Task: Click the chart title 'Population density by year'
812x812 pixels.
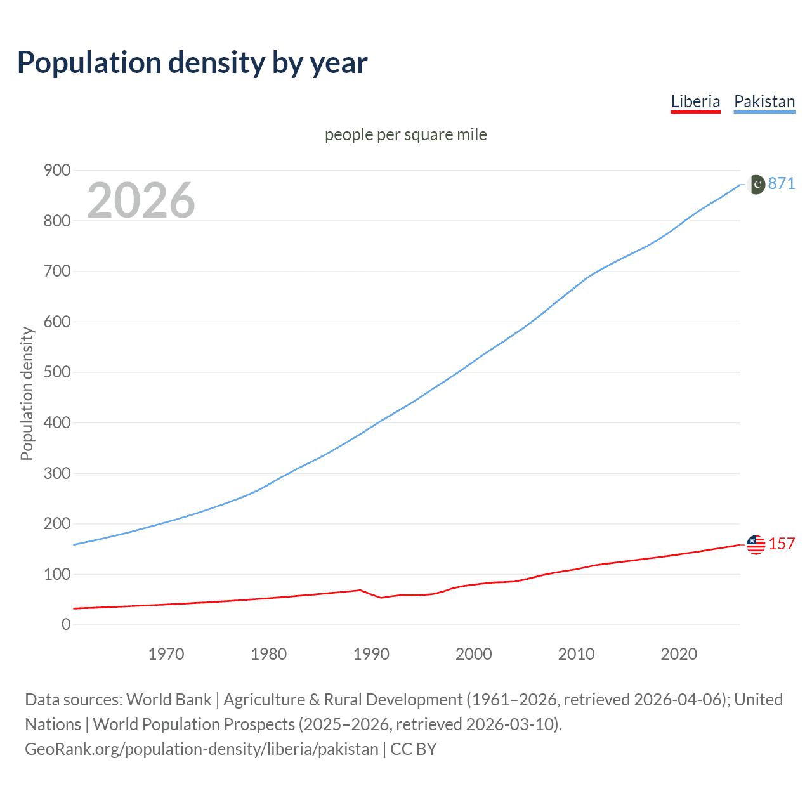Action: pyautogui.click(x=192, y=63)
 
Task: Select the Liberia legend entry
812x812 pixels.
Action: pyautogui.click(x=695, y=101)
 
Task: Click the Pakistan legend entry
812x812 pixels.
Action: pyautogui.click(x=764, y=101)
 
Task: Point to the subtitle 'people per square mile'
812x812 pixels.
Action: pyautogui.click(x=405, y=134)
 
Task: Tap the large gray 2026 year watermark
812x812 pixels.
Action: pyautogui.click(x=141, y=200)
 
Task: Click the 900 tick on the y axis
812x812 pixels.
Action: pyautogui.click(x=57, y=170)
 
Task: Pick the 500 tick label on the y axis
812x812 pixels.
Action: pyautogui.click(x=57, y=372)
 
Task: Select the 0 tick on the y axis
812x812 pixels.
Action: pyautogui.click(x=66, y=624)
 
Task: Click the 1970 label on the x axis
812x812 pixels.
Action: pyautogui.click(x=166, y=653)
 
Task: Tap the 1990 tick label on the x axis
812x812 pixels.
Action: pyautogui.click(x=371, y=653)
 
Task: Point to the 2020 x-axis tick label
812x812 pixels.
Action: pyautogui.click(x=679, y=653)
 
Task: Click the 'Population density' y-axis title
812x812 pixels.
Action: pyautogui.click(x=27, y=393)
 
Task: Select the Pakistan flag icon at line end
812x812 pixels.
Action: pyautogui.click(x=756, y=184)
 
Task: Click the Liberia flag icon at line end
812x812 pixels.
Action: pyautogui.click(x=756, y=544)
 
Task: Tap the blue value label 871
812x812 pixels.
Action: pyautogui.click(x=782, y=183)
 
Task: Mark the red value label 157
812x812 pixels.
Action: pyautogui.click(x=782, y=544)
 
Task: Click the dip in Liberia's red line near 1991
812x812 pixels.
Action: pyautogui.click(x=381, y=598)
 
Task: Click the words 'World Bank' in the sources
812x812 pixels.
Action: pyautogui.click(x=169, y=699)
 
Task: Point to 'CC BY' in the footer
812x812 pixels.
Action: pyautogui.click(x=414, y=749)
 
